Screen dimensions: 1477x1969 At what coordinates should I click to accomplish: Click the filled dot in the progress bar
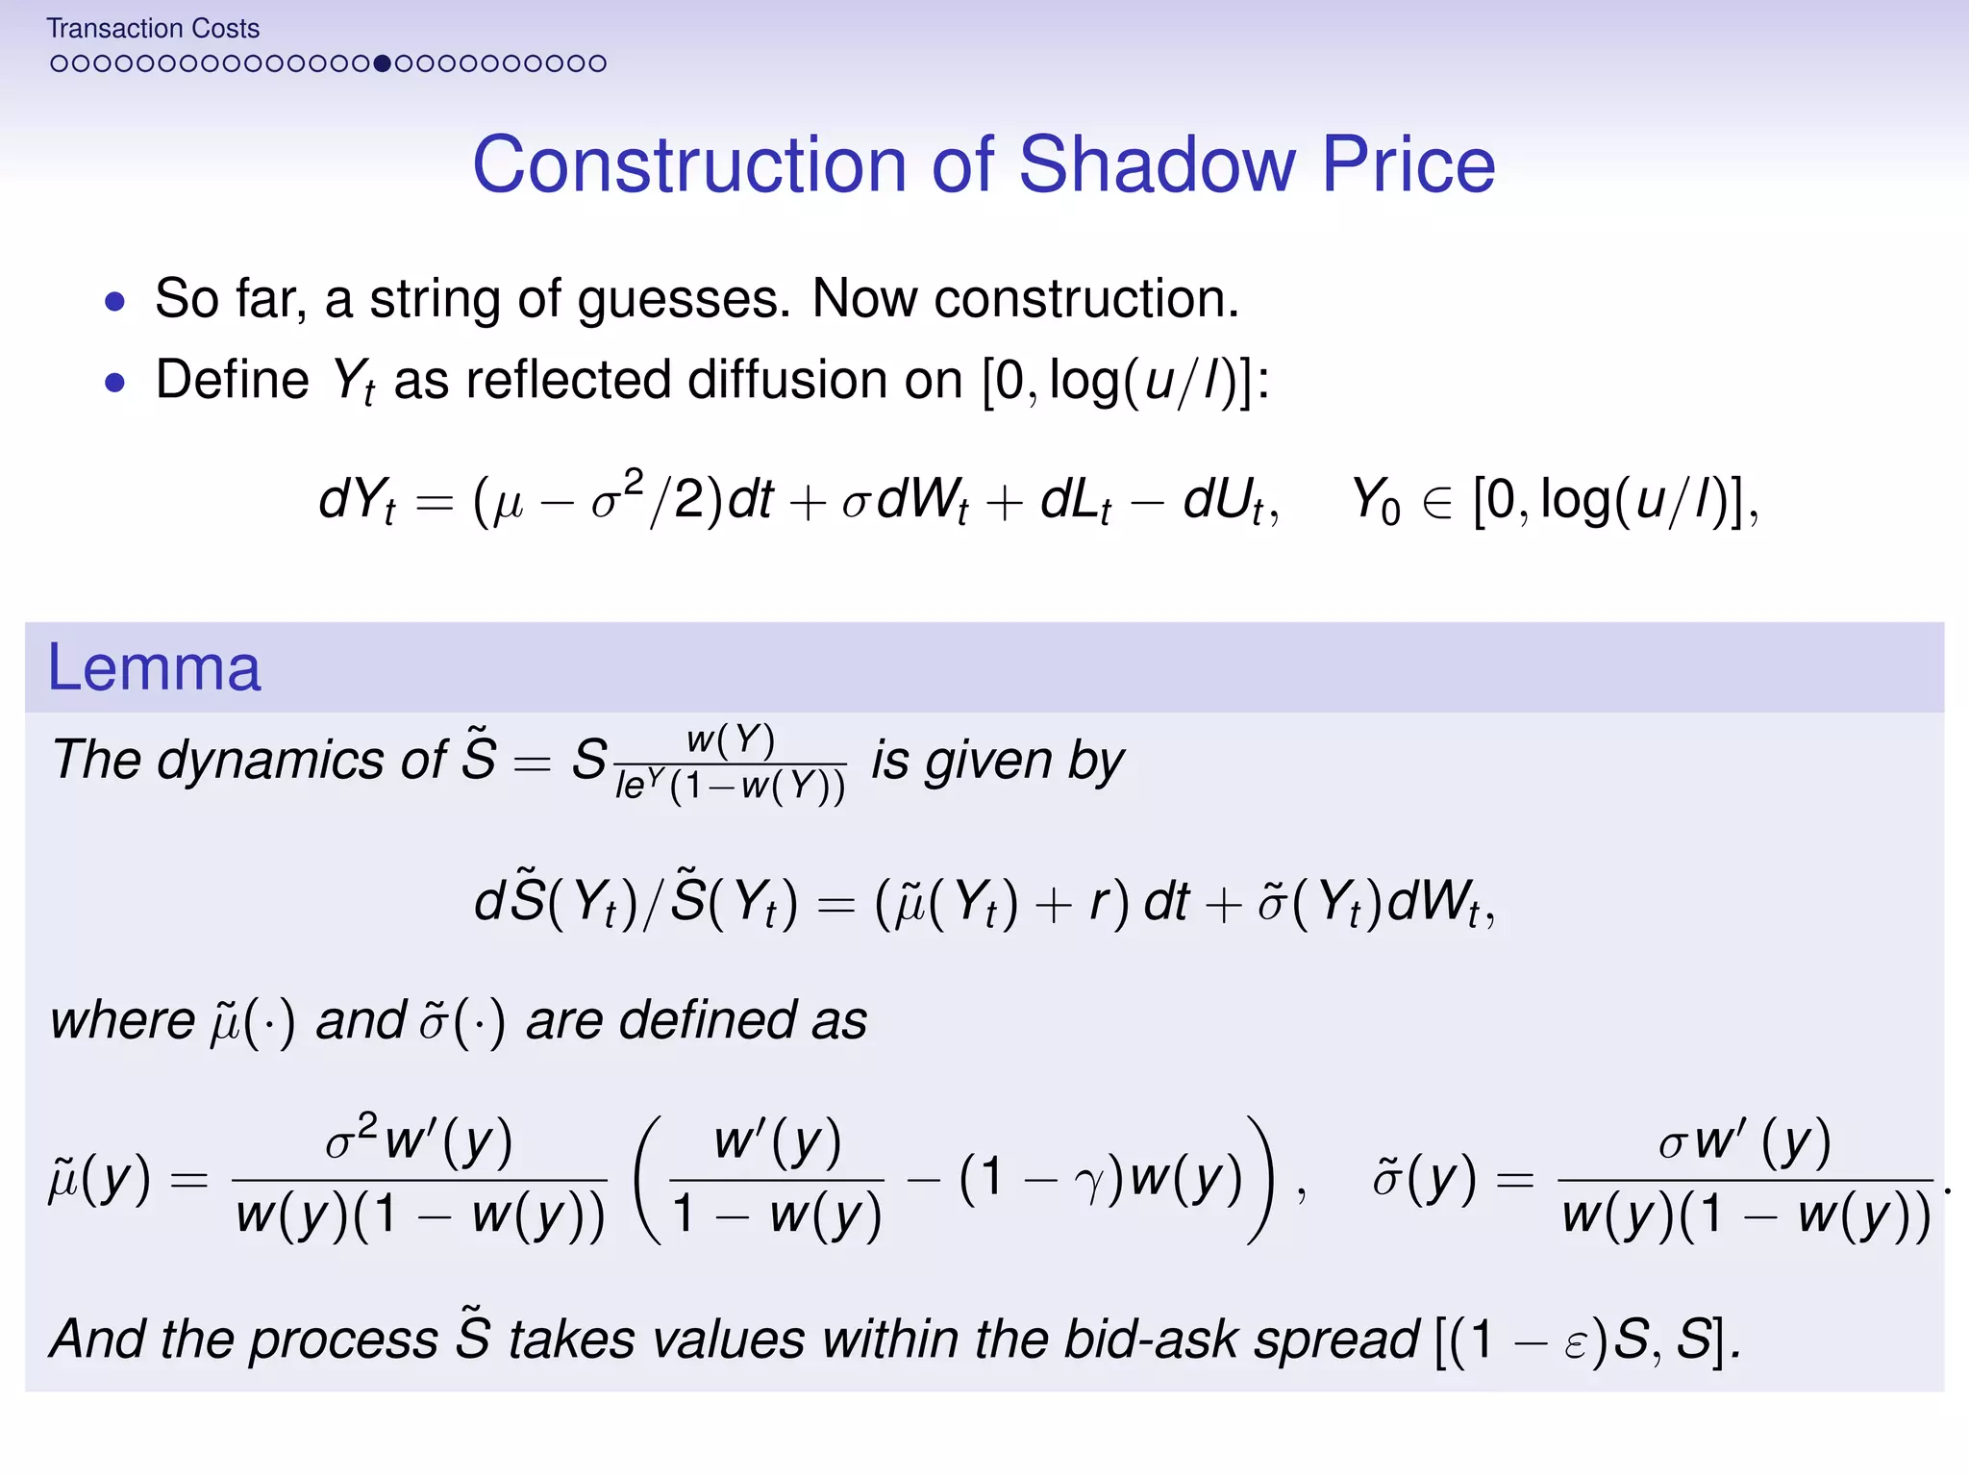(383, 63)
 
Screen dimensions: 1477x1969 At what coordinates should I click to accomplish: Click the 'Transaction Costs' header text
(153, 29)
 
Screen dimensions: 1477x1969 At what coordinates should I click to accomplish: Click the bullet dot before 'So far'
(115, 302)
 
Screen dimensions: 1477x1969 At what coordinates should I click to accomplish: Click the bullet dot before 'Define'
(115, 383)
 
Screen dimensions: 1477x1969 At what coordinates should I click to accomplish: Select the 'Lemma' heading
(154, 667)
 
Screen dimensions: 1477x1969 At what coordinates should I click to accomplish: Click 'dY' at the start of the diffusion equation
(354, 500)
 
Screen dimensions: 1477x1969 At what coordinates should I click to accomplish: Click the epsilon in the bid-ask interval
(1574, 1342)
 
